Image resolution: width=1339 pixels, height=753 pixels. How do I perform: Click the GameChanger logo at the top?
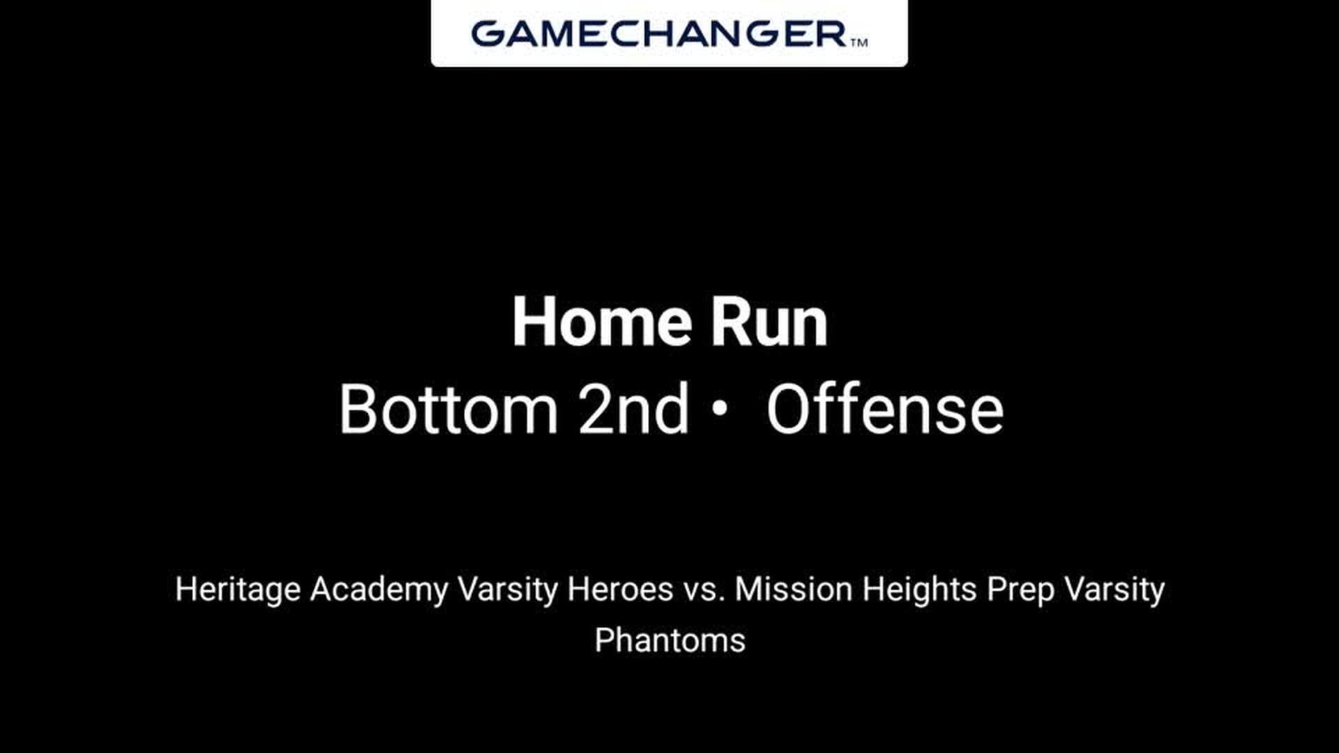tap(669, 33)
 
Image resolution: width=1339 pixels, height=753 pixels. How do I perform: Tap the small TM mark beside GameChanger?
tap(859, 43)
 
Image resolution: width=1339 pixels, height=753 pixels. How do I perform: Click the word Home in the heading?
tap(602, 322)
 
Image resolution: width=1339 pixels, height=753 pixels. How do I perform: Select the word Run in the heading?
tap(769, 322)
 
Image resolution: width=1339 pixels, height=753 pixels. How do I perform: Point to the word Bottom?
tap(448, 409)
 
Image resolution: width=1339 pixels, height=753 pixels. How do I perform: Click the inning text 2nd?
tap(633, 409)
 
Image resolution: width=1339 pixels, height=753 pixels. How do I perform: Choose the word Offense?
tap(885, 409)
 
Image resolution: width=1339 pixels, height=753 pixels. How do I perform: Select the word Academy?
tap(379, 590)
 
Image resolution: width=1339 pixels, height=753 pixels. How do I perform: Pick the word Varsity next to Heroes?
tap(508, 590)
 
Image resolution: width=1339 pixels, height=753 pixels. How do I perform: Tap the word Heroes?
tap(620, 589)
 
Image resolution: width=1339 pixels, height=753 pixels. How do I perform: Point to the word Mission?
tap(794, 589)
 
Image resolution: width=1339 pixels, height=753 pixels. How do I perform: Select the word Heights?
tap(919, 590)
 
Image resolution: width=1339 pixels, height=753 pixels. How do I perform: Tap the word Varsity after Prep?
tap(1114, 590)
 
